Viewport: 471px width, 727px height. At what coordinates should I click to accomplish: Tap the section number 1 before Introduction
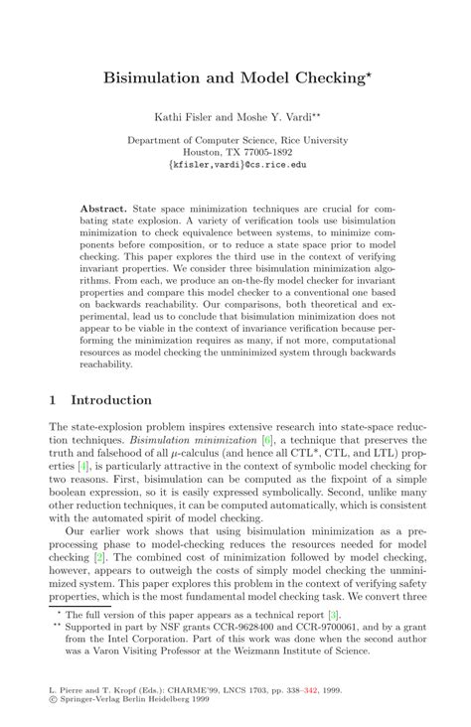(53, 399)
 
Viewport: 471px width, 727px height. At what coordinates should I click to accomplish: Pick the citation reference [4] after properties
(88, 467)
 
